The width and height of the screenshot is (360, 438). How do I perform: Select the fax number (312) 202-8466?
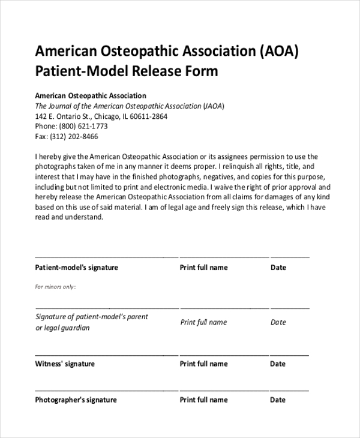tap(74, 137)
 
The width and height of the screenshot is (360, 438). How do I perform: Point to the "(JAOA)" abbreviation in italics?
tap(214, 106)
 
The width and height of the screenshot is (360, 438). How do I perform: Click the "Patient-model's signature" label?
tap(77, 268)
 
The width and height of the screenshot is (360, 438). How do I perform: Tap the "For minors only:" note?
tap(55, 287)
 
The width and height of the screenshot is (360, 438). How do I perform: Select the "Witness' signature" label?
tap(65, 364)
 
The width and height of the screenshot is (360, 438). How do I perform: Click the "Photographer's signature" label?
tap(76, 400)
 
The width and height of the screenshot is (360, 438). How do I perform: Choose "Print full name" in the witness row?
tap(204, 364)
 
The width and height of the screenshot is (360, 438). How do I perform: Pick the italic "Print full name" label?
tap(204, 322)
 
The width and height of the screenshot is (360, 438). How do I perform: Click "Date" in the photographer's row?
tap(278, 400)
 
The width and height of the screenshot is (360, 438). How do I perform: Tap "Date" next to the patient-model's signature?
tap(278, 268)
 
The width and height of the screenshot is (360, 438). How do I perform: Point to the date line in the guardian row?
tap(290, 307)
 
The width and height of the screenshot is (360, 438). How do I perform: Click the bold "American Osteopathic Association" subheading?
tap(91, 95)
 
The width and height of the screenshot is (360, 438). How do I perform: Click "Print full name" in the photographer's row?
tap(204, 400)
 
